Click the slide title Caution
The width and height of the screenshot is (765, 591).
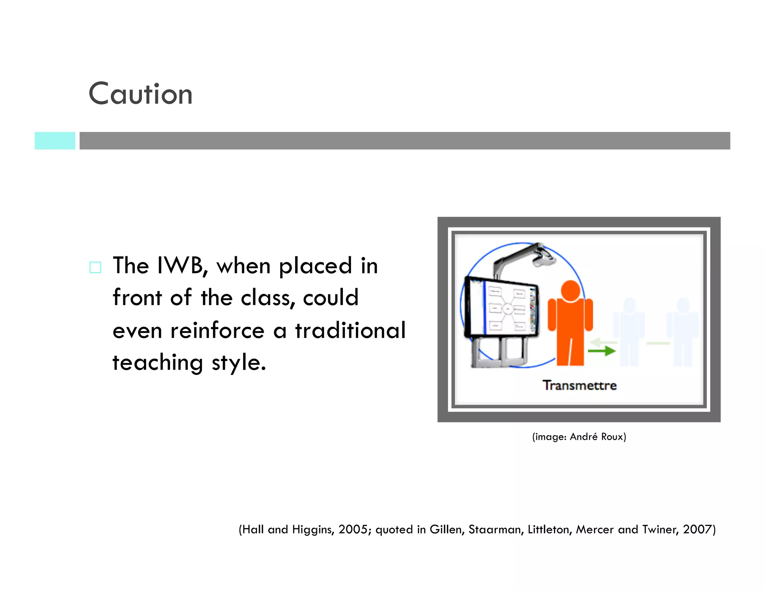(x=140, y=94)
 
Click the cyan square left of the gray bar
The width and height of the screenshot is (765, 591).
(x=55, y=141)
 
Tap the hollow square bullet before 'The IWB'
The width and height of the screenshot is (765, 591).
(x=95, y=267)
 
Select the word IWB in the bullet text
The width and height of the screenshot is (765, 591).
(x=180, y=266)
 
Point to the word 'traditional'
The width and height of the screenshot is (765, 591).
(x=350, y=331)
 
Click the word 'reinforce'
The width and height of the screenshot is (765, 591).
(x=217, y=331)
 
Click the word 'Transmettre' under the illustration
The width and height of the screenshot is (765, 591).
(x=579, y=385)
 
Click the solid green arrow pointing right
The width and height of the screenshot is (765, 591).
(x=601, y=351)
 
